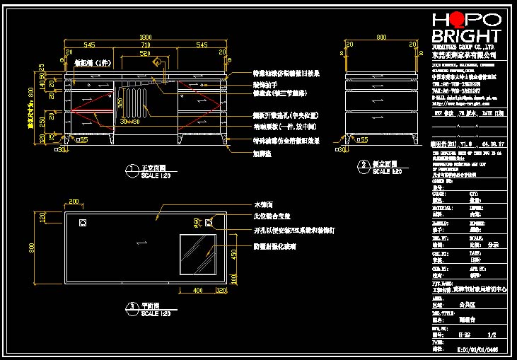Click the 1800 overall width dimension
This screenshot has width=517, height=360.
pos(146,37)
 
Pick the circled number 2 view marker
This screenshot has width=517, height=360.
pos(363,165)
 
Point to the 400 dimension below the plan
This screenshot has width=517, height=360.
pos(197,290)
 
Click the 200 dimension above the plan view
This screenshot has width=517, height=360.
pos(74,202)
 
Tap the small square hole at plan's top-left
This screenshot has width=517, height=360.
pos(83,223)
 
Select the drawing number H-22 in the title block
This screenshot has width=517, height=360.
pos(465,335)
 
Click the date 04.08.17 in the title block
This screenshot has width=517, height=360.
pos(491,142)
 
